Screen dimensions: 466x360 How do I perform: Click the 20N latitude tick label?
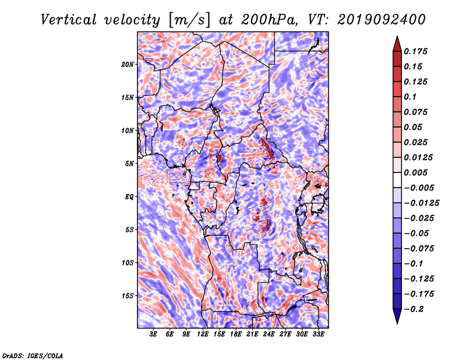128,65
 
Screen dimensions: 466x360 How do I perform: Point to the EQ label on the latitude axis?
129,197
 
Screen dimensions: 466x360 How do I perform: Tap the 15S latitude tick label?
128,296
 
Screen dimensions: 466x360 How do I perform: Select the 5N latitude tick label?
129,164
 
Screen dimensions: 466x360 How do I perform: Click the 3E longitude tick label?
153,334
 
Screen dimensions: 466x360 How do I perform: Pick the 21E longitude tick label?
252,334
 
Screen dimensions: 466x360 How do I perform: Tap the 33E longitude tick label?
318,334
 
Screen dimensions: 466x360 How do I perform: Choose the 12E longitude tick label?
203,334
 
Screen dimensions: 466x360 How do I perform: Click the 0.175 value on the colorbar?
415,51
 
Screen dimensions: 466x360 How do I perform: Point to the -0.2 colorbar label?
414,309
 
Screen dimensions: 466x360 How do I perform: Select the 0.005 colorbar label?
415,172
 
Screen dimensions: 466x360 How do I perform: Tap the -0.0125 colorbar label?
421,203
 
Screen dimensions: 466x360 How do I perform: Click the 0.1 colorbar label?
410,97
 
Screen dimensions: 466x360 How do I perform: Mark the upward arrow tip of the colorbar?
397,36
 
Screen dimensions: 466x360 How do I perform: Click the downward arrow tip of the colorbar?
397,323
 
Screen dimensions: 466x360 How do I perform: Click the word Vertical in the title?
69,20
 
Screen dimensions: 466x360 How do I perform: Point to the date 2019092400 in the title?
382,20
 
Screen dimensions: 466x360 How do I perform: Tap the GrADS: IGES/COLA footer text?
33,355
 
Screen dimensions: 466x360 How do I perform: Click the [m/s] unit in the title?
189,20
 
